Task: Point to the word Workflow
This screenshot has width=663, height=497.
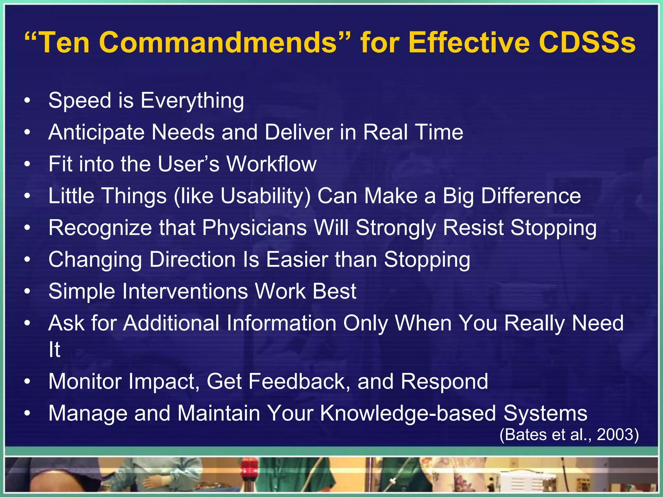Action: [x=271, y=164]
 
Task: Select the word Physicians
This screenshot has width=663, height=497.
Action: [x=254, y=228]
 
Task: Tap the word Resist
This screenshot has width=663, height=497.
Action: [x=473, y=228]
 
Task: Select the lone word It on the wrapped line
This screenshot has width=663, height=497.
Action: [x=54, y=350]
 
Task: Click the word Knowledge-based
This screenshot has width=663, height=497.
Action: [x=408, y=414]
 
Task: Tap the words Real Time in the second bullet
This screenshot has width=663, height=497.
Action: [x=413, y=132]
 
